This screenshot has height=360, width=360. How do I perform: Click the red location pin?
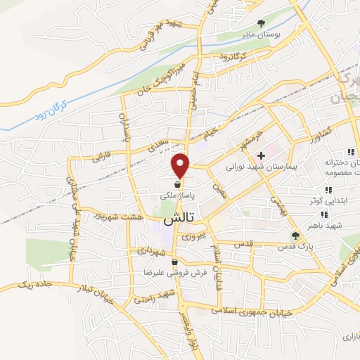click(181, 165)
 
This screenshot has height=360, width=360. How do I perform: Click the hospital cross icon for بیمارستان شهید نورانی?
click(262, 155)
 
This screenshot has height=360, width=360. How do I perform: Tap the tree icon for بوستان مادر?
click(263, 23)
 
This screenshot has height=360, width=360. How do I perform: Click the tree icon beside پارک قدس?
click(295, 235)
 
